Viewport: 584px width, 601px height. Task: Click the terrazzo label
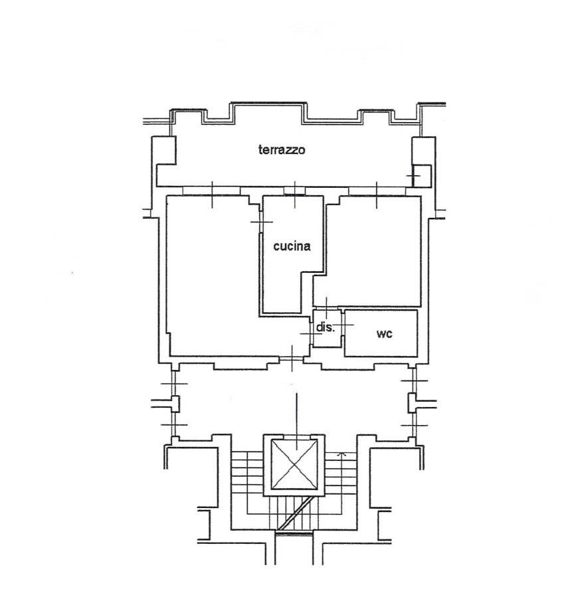pyautogui.click(x=282, y=149)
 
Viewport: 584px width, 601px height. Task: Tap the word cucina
pyautogui.click(x=292, y=246)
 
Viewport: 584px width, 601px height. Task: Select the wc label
pyautogui.click(x=384, y=334)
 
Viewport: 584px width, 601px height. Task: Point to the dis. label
pyautogui.click(x=326, y=327)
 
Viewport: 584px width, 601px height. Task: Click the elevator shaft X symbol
pyautogui.click(x=294, y=465)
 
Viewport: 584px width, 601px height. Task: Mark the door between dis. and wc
pyautogui.click(x=343, y=325)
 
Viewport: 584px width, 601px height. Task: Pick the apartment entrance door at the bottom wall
pyautogui.click(x=292, y=359)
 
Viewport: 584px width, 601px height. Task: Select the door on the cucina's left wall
pyautogui.click(x=261, y=222)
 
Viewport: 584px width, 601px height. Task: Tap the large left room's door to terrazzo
pyautogui.click(x=212, y=191)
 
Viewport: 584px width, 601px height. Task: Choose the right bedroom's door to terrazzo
pyautogui.click(x=377, y=191)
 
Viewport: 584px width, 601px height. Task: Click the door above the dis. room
pyautogui.click(x=326, y=307)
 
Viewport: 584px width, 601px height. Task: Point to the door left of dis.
pyautogui.click(x=311, y=333)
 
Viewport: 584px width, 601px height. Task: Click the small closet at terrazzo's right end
pyautogui.click(x=422, y=176)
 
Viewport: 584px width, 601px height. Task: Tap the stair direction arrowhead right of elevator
pyautogui.click(x=341, y=455)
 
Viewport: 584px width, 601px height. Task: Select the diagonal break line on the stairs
pyautogui.click(x=294, y=512)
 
